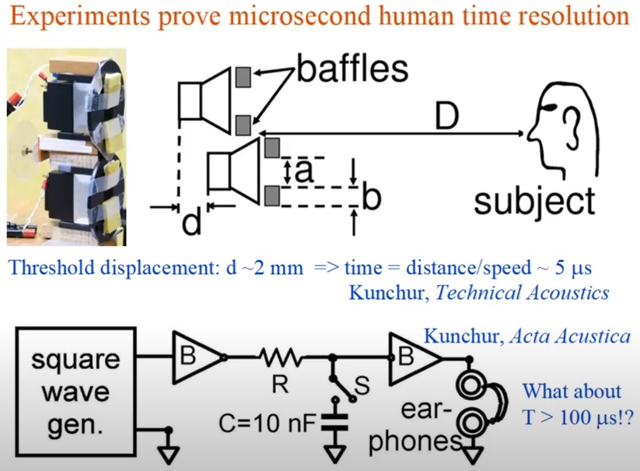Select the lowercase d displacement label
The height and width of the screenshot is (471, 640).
click(x=191, y=223)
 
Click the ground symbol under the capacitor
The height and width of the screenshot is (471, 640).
click(x=337, y=451)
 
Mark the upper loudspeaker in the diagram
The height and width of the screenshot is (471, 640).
click(x=205, y=93)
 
